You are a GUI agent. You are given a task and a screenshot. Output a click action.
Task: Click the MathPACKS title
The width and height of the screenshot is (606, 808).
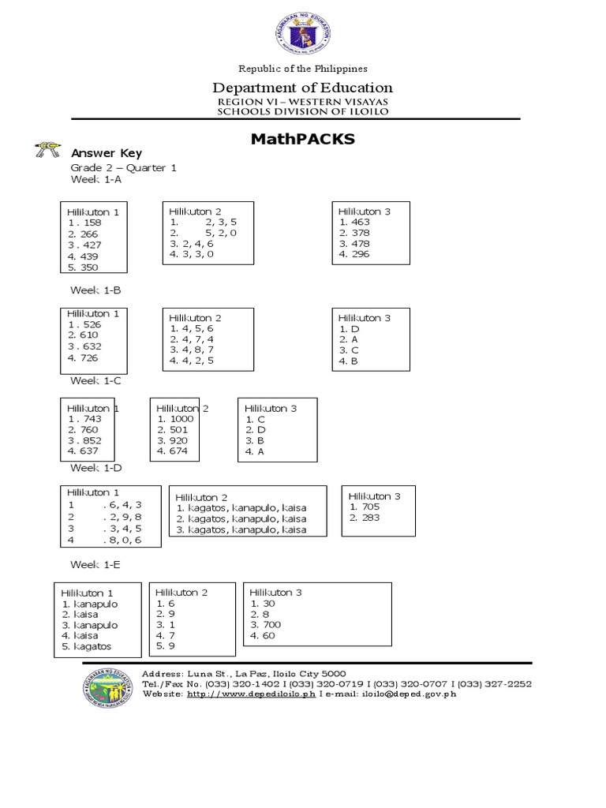tap(303, 140)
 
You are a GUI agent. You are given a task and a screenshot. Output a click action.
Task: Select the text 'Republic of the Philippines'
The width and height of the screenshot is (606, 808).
tap(303, 69)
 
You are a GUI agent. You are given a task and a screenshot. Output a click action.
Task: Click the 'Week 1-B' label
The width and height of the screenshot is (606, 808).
tap(95, 290)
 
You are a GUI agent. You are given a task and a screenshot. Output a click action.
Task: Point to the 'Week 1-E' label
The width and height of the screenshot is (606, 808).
tap(95, 565)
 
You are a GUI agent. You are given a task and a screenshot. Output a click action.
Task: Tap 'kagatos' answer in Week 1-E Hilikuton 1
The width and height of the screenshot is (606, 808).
tap(91, 646)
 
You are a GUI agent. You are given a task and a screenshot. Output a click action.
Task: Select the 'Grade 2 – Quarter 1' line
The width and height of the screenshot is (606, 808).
tap(124, 168)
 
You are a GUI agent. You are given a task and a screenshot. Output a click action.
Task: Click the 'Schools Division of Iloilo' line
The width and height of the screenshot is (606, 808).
tap(303, 111)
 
